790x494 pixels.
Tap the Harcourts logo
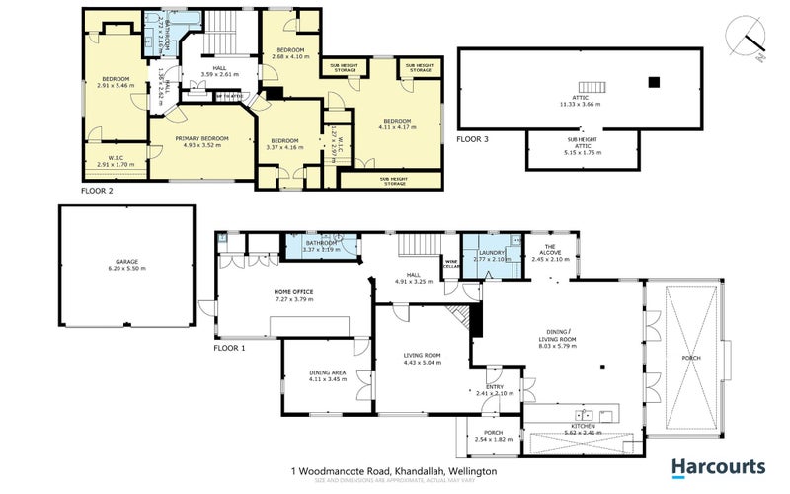(x=718, y=466)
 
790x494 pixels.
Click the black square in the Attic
(x=653, y=82)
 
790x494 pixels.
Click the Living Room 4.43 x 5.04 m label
(x=422, y=358)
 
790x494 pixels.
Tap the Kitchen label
(x=580, y=427)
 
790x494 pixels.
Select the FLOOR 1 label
(x=230, y=348)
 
